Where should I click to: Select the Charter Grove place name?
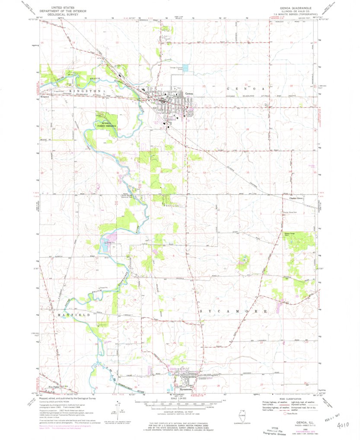click(x=296, y=199)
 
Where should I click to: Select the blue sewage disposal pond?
click(x=185, y=68)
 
